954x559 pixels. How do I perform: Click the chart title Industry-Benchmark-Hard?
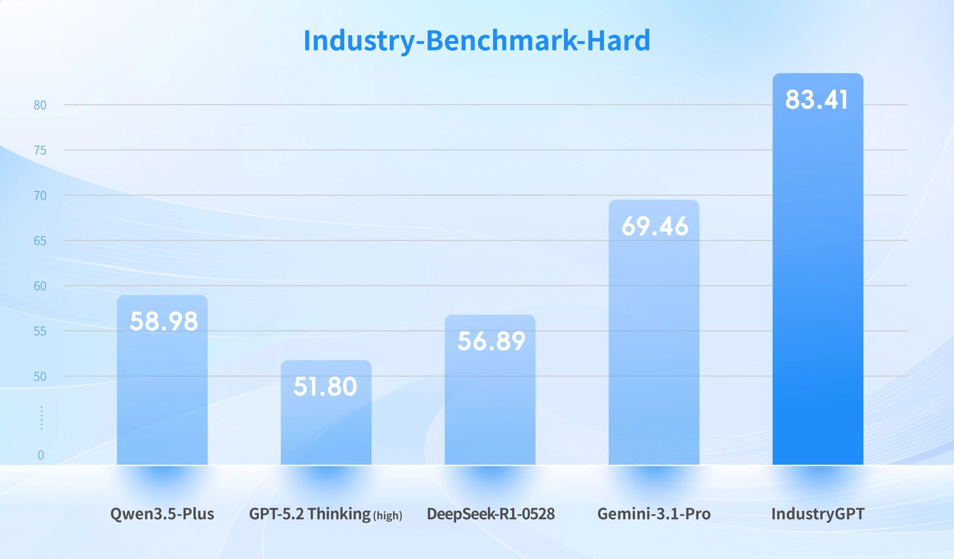(477, 41)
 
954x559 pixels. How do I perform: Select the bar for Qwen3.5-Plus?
(162, 397)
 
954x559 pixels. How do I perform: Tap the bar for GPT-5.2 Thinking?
(326, 428)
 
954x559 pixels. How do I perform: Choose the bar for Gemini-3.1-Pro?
(654, 341)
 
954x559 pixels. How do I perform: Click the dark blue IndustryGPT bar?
(818, 284)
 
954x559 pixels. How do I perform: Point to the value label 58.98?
(164, 321)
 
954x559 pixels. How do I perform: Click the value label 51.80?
(325, 386)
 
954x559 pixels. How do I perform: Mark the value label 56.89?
(491, 341)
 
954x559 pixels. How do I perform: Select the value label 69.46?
(654, 226)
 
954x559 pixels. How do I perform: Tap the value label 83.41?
(816, 100)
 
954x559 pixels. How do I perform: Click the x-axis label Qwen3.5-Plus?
(162, 514)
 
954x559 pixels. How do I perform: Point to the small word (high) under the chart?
(388, 515)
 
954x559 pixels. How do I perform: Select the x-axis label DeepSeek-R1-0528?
(491, 514)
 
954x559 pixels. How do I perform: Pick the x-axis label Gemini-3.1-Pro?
(654, 514)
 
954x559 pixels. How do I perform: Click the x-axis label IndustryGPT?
(818, 514)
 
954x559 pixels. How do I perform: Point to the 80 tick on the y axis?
(40, 105)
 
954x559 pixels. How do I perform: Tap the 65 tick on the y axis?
(40, 241)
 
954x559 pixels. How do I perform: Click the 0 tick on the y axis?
(41, 455)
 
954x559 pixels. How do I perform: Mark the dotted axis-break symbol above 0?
(42, 418)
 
